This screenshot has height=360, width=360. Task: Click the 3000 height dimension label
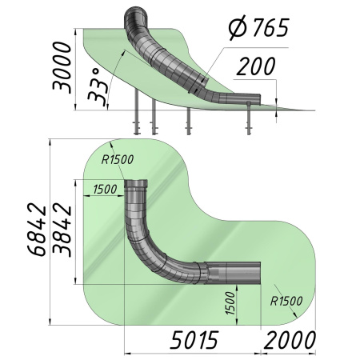pyautogui.click(x=62, y=66)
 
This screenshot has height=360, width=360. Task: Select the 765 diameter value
pyautogui.click(x=270, y=27)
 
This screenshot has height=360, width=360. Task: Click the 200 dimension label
pyautogui.click(x=256, y=66)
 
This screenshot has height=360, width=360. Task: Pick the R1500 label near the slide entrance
pyautogui.click(x=118, y=159)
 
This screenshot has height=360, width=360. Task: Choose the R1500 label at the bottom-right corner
pyautogui.click(x=286, y=301)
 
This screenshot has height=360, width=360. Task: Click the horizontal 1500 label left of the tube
pyautogui.click(x=105, y=190)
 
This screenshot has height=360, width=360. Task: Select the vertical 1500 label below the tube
pyautogui.click(x=230, y=303)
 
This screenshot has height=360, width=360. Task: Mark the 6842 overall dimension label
pyautogui.click(x=37, y=230)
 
